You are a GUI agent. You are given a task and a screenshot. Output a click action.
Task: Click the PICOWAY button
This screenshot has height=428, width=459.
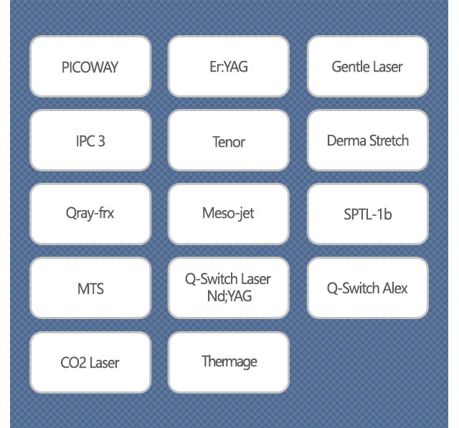(x=90, y=67)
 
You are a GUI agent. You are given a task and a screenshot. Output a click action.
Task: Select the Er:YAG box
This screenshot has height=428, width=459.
(x=229, y=67)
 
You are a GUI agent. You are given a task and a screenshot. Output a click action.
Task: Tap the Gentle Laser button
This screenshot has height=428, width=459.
(x=368, y=67)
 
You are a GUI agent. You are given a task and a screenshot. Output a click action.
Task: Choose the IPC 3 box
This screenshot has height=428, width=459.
(x=90, y=141)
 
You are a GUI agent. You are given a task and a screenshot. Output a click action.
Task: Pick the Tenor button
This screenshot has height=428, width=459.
(x=229, y=141)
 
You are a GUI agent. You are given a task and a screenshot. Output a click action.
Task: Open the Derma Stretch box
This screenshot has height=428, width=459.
(x=368, y=141)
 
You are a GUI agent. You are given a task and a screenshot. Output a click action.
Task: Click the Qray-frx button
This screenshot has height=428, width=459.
(x=90, y=214)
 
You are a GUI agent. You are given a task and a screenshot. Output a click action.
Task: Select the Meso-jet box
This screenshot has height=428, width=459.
(x=229, y=214)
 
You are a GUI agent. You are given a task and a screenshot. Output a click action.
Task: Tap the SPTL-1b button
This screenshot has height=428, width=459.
(x=368, y=214)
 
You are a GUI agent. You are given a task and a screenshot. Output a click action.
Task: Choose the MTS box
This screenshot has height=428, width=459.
(x=90, y=288)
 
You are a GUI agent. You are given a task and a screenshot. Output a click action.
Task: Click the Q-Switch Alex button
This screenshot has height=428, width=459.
(x=368, y=288)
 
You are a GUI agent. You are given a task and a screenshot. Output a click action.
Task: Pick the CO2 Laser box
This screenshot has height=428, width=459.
(x=90, y=362)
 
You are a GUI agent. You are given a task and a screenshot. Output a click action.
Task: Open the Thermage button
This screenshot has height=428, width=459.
(x=229, y=362)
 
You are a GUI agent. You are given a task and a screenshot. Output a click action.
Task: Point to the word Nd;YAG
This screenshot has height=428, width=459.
(x=229, y=296)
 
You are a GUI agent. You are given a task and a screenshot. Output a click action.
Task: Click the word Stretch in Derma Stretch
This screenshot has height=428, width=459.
(x=389, y=141)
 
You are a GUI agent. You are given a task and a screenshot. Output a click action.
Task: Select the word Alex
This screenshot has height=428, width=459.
(x=394, y=288)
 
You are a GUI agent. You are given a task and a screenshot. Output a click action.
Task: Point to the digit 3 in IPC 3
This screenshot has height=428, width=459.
(x=101, y=141)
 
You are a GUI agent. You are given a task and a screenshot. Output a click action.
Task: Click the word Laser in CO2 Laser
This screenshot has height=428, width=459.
(x=104, y=363)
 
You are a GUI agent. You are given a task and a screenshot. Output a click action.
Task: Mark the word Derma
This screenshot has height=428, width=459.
(x=346, y=141)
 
